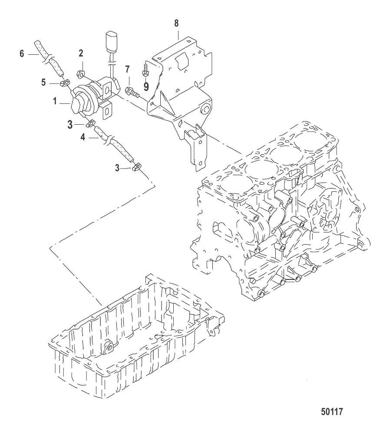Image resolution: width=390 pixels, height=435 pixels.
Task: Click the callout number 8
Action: click(x=177, y=23)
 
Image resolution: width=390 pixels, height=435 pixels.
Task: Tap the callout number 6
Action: click(x=22, y=53)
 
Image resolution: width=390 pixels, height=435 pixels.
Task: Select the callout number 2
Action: click(x=81, y=53)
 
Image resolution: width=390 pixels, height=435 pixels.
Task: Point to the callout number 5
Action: click(x=43, y=83)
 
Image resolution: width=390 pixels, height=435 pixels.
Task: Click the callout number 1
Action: click(x=55, y=101)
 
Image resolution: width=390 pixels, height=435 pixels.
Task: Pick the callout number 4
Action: click(x=83, y=137)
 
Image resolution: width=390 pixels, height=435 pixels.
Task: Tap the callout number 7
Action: click(x=127, y=70)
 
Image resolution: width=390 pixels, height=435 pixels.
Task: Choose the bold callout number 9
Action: click(x=146, y=86)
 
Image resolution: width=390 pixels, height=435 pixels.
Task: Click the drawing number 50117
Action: click(x=332, y=412)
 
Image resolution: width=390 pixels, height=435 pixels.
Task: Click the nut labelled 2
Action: click(x=80, y=74)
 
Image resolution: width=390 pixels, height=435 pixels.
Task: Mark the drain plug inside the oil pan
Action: click(x=108, y=347)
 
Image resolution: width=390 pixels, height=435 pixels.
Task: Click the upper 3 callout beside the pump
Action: click(x=70, y=125)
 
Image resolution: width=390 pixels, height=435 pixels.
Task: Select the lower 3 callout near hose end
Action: click(x=117, y=168)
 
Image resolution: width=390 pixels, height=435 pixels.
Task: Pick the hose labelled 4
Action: click(x=115, y=144)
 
